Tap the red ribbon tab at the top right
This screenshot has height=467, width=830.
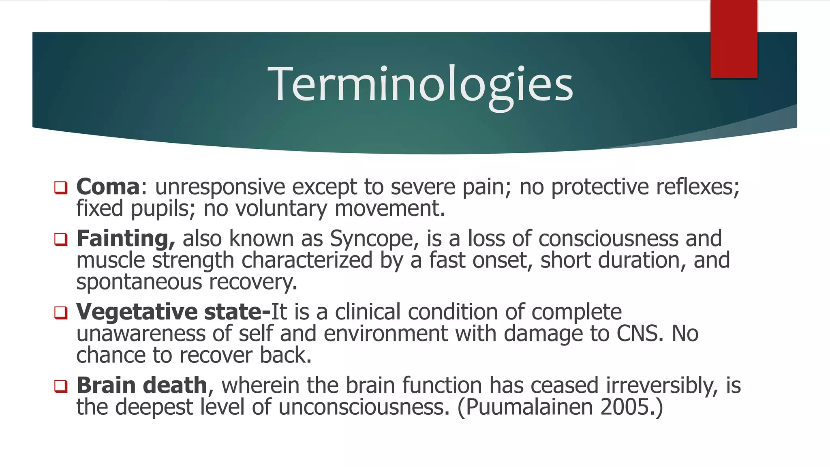(x=734, y=39)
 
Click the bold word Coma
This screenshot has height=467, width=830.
(x=108, y=187)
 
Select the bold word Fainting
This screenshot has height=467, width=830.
(x=125, y=238)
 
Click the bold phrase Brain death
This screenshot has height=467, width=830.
(x=142, y=385)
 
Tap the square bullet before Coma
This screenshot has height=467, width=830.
(x=61, y=188)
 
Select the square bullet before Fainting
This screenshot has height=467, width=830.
(x=61, y=239)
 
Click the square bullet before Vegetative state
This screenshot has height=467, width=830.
(x=61, y=313)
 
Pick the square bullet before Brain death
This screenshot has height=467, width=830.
(x=61, y=386)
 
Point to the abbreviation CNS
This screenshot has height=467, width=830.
(x=640, y=334)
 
